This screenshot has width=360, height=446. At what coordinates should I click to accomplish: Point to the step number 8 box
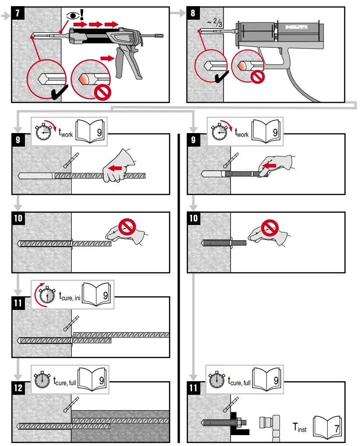(x=193, y=13)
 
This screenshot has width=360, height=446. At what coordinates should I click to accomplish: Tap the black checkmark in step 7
(x=57, y=93)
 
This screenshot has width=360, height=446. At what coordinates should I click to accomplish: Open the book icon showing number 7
(x=329, y=427)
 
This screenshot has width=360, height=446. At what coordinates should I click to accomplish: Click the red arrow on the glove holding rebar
(x=115, y=169)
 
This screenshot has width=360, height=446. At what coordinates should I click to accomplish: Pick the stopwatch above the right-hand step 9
(x=220, y=132)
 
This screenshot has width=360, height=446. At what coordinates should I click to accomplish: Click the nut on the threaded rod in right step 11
(x=239, y=423)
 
